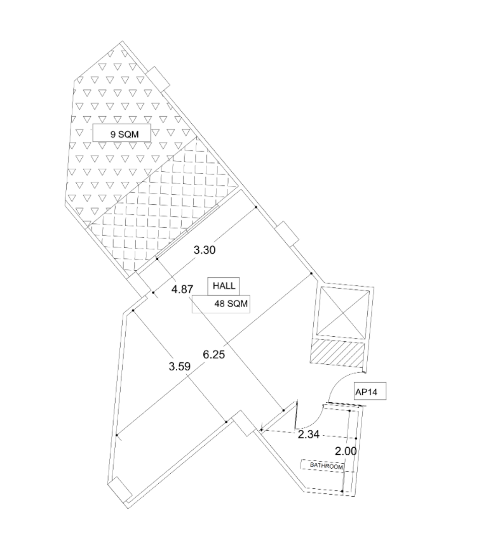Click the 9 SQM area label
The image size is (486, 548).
click(x=121, y=134)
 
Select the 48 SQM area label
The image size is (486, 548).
click(x=222, y=304)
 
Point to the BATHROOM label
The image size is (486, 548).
click(x=326, y=466)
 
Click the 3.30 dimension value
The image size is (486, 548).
click(x=205, y=250)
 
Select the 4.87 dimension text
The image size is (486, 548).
click(x=182, y=289)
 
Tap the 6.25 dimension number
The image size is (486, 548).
click(x=213, y=354)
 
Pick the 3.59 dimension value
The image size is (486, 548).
click(x=179, y=366)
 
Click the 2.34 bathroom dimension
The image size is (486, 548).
click(x=308, y=434)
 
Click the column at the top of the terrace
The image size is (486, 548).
click(x=157, y=78)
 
